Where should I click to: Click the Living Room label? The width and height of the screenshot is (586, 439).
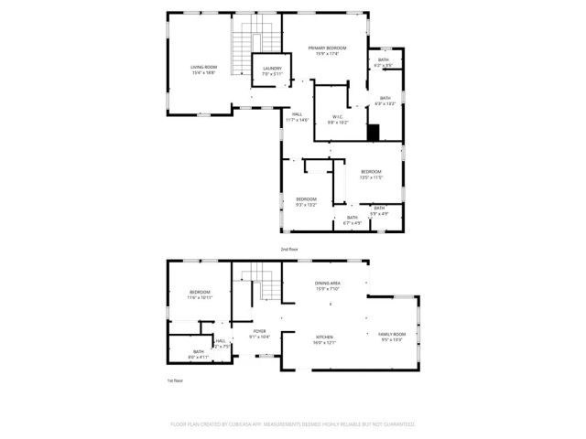pos(203,70)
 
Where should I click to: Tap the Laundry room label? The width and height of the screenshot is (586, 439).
pos(272,70)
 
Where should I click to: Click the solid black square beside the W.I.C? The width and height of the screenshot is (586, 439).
pos(373,132)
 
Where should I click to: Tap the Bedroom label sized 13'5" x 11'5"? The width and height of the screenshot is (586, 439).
pos(371,174)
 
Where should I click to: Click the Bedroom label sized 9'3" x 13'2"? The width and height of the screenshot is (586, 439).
pos(306,201)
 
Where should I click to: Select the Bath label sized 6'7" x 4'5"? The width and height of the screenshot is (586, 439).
pos(353,219)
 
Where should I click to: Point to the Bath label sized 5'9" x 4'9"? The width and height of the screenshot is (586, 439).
pos(378,210)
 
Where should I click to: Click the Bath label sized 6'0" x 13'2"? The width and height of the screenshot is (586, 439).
pos(385,101)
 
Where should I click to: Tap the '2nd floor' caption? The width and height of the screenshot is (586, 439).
pos(289,249)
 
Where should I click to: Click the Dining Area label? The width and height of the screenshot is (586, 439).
pos(328,287)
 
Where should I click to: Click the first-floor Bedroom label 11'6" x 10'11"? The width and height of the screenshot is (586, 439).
pos(200,294)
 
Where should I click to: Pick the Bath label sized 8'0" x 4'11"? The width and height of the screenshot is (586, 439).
pos(198,354)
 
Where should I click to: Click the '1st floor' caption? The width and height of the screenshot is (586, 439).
pos(174,380)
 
